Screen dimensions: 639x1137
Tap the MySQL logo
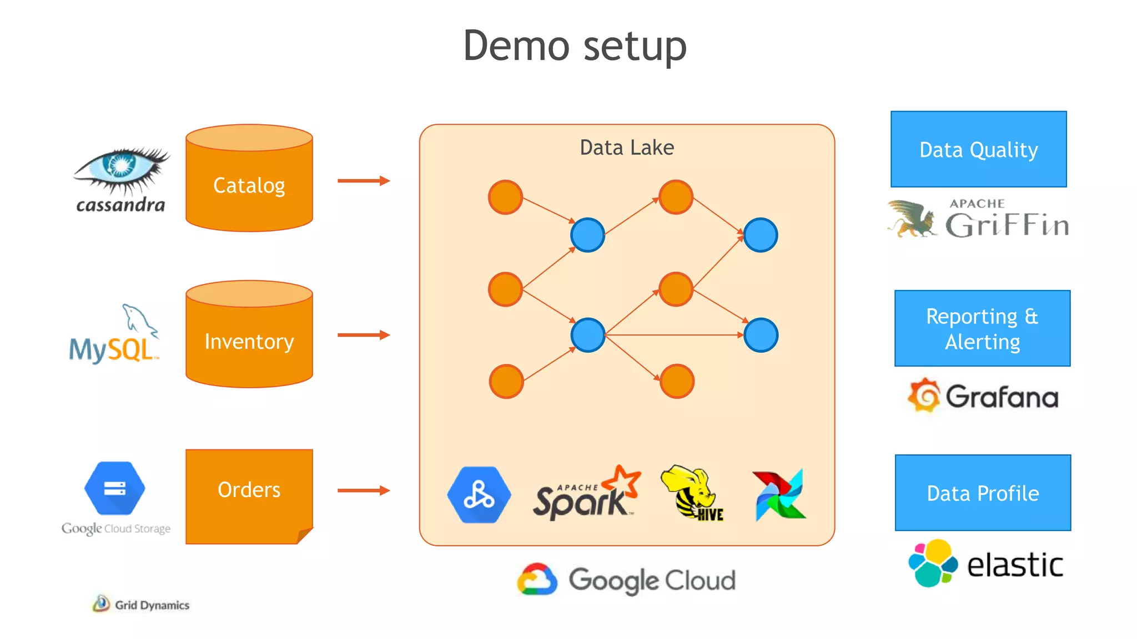(114, 336)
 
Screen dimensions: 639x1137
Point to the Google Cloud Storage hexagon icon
(114, 489)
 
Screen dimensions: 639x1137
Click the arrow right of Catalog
(364, 181)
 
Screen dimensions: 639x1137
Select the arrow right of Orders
(364, 490)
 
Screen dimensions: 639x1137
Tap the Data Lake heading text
(627, 148)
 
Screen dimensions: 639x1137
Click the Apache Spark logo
(586, 494)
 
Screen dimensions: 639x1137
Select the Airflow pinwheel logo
(779, 495)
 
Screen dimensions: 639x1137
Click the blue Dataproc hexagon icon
(479, 495)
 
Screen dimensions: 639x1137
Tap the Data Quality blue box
(978, 149)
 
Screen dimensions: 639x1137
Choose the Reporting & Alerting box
(982, 328)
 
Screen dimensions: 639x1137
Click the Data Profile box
(983, 493)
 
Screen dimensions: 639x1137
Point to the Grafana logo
(983, 396)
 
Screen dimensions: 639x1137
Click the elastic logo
(986, 564)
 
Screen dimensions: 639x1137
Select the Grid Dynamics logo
(141, 604)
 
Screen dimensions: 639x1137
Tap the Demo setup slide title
(575, 45)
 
